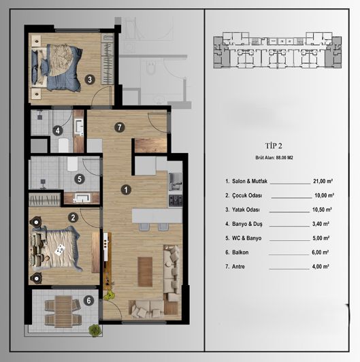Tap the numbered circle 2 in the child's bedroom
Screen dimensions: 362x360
click(72, 218)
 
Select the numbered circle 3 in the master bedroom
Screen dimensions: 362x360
click(89, 79)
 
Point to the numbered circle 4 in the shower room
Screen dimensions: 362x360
click(59, 131)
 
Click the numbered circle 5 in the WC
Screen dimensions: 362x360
click(79, 180)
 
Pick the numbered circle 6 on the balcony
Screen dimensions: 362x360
click(87, 299)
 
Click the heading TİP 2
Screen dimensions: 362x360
click(276, 146)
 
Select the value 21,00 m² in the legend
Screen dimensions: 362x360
click(321, 182)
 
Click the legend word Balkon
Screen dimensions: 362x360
click(244, 251)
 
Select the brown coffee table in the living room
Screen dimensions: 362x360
click(143, 272)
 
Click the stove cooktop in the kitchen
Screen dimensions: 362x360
click(175, 200)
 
